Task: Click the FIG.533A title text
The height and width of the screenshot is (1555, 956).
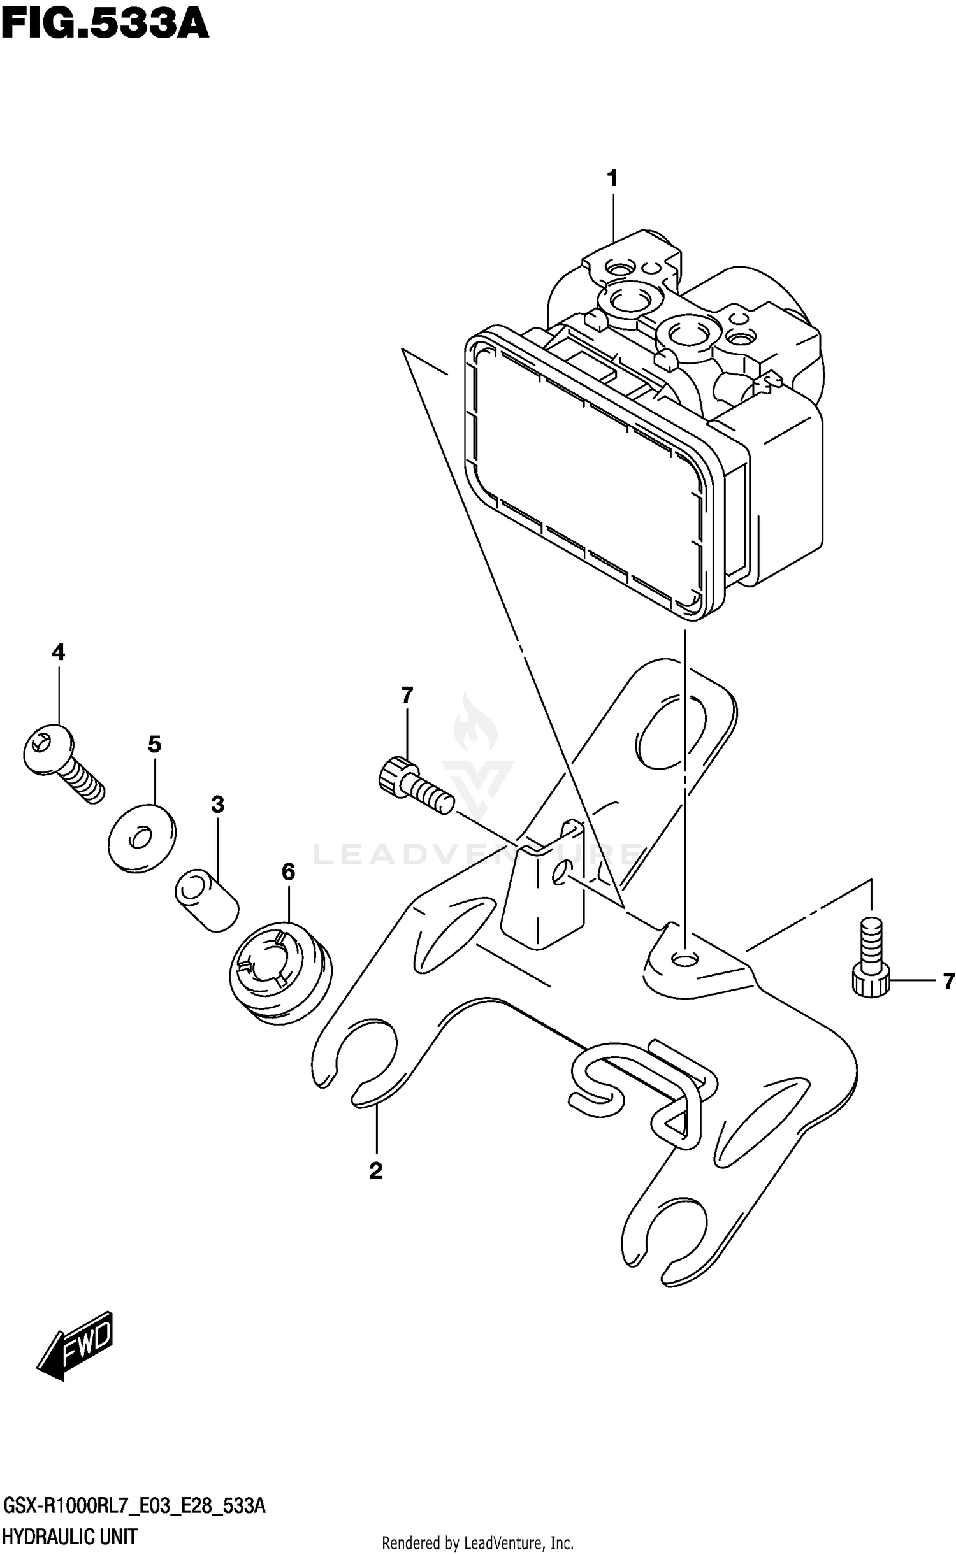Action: (x=105, y=25)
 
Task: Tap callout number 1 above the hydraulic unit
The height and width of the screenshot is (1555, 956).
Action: (x=612, y=179)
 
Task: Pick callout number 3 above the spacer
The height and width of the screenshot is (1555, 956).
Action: (x=218, y=805)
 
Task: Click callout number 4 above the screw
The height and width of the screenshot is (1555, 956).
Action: (x=58, y=652)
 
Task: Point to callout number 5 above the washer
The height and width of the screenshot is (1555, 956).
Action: (x=155, y=743)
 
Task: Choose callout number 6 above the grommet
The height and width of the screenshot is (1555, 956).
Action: (x=288, y=872)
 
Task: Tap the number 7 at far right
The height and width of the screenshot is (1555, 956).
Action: (x=948, y=982)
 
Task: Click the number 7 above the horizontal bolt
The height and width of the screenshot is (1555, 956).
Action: (x=407, y=695)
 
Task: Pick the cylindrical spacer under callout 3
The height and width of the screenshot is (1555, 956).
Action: (x=206, y=902)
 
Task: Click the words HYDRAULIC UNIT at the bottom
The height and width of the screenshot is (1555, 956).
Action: (x=70, y=1537)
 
